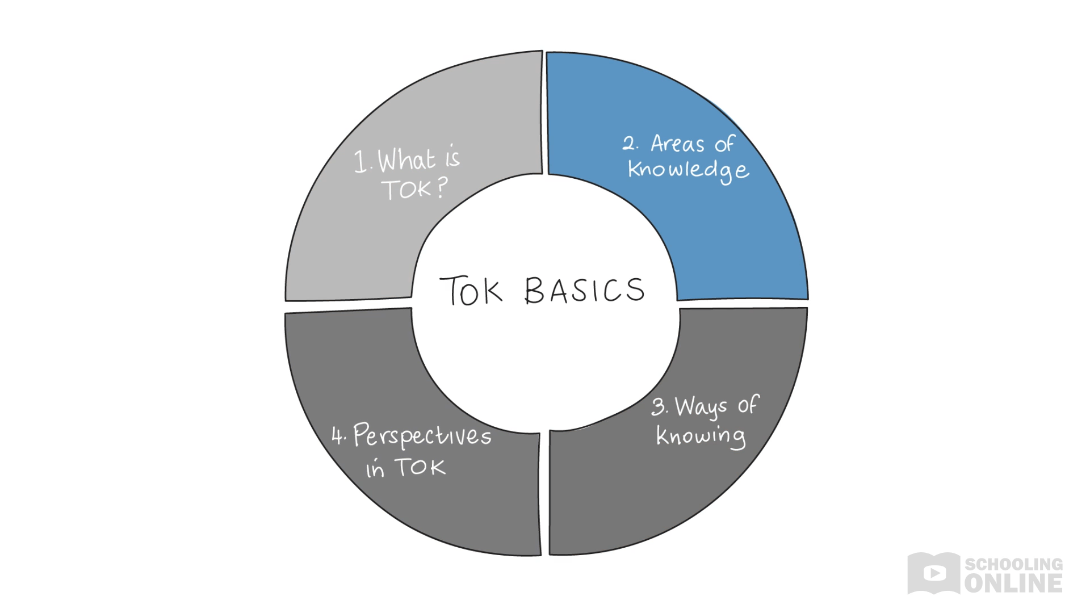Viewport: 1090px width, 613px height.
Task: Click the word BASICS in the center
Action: click(585, 291)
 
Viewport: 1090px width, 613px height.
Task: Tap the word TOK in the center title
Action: click(471, 291)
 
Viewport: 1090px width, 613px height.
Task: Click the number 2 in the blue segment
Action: click(629, 143)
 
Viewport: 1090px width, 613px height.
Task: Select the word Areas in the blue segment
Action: click(677, 144)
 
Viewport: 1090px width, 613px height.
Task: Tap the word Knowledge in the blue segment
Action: click(688, 170)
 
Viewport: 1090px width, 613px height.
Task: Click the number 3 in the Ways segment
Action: click(659, 406)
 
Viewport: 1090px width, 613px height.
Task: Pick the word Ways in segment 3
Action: click(701, 408)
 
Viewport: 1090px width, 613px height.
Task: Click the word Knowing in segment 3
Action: click(701, 436)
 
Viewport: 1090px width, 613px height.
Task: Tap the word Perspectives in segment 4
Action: click(422, 436)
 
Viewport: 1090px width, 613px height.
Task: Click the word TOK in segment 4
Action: click(420, 467)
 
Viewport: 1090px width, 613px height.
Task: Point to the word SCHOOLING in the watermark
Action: click(1014, 564)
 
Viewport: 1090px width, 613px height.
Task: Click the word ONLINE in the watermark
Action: click(1013, 583)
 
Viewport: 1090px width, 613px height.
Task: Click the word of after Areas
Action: click(725, 144)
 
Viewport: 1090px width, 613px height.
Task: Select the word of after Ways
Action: click(748, 405)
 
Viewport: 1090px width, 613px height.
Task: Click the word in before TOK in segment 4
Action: click(375, 469)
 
